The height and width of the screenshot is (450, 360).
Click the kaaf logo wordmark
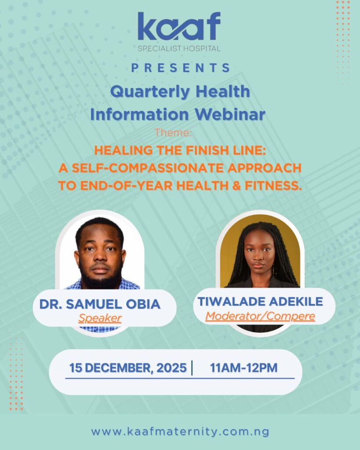(179, 27)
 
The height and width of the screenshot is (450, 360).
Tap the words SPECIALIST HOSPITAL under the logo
(179, 48)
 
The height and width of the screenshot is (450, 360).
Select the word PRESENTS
(180, 68)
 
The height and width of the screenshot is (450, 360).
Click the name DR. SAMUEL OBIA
(100, 304)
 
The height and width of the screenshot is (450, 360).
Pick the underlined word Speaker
(100, 318)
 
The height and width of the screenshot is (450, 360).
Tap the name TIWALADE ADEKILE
(260, 301)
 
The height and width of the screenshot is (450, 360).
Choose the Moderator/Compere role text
(260, 316)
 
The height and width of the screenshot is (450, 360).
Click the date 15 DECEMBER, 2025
(128, 368)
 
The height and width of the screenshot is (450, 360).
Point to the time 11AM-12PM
(244, 368)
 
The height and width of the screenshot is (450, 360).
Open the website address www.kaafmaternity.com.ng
(180, 432)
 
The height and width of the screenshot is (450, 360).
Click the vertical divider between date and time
(193, 368)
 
